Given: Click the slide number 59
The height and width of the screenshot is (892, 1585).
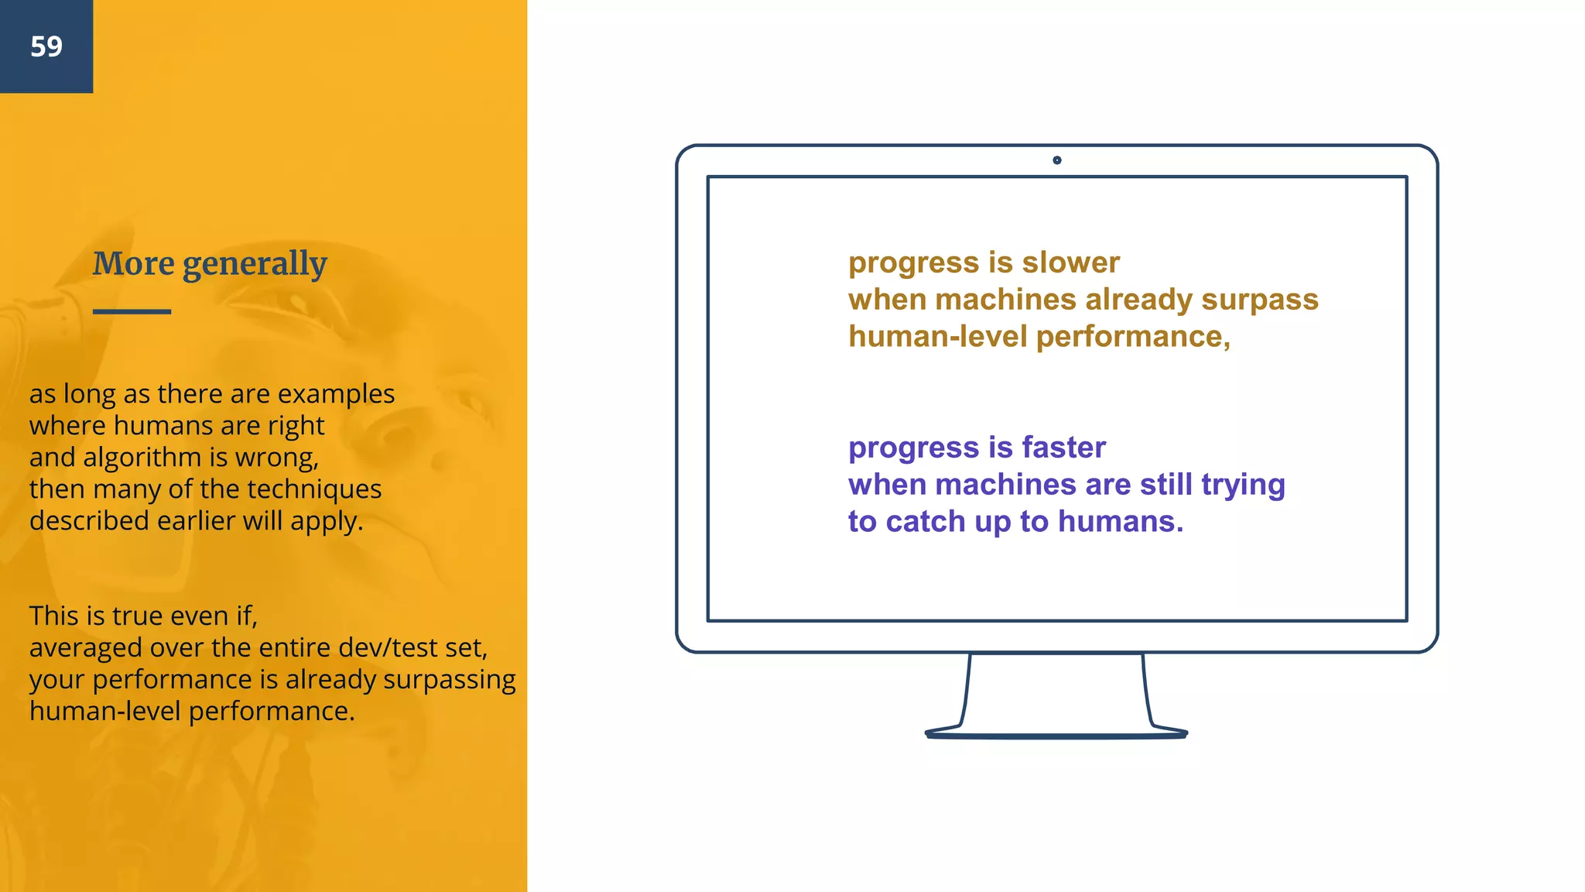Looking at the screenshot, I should [x=46, y=46].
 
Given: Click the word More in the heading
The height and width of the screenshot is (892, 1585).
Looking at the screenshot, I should [x=134, y=264].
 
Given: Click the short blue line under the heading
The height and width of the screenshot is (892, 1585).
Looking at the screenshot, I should [x=132, y=311].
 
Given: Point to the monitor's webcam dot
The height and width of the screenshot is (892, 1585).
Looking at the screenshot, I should [x=1057, y=160].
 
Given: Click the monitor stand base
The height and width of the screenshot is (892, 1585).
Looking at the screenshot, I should [x=1056, y=733].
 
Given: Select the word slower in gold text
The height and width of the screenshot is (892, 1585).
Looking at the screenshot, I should [x=1070, y=262].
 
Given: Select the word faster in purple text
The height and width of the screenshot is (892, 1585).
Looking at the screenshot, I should [x=1063, y=448].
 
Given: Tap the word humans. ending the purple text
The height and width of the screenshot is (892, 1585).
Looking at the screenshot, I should [x=1120, y=522].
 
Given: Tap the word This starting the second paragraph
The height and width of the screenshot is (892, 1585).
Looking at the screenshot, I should [x=54, y=616].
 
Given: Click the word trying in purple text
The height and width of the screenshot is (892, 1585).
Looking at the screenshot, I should [x=1243, y=485].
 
